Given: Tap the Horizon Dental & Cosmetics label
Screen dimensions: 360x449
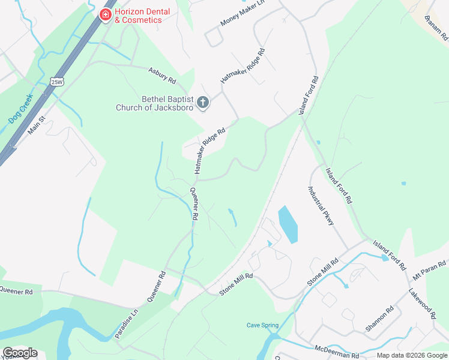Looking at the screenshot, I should tap(142, 16).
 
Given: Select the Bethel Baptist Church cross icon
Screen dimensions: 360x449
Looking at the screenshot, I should tap(203, 103).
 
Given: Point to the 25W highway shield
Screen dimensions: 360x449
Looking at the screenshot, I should tap(57, 82).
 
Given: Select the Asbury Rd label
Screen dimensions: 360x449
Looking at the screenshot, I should tap(161, 75).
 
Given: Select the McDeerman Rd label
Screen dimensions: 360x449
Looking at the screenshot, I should tap(336, 352).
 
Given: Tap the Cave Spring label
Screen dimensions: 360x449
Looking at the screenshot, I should tap(262, 325).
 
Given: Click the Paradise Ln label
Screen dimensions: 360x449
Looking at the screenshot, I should tap(127, 323).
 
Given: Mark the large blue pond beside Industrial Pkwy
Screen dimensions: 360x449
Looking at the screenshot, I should tap(288, 224).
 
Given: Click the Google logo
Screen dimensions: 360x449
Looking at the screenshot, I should tap(19, 353).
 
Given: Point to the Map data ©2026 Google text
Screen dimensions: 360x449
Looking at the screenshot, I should tap(412, 355).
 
